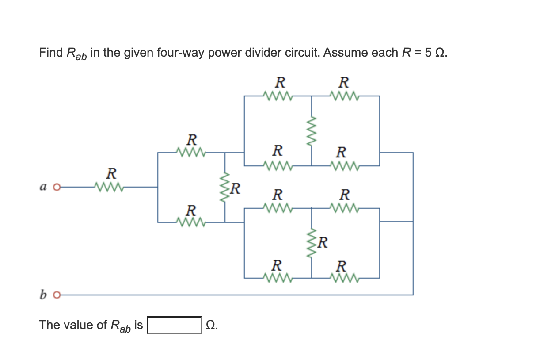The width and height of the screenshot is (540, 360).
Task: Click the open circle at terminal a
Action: coord(56,187)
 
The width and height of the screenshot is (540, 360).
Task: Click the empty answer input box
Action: coord(175,325)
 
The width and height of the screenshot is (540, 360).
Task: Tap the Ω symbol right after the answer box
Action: coord(212,325)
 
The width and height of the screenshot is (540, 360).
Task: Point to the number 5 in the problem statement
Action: coord(427,53)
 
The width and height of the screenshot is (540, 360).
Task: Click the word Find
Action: coord(50,53)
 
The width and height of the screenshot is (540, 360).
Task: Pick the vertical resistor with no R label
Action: coord(312,130)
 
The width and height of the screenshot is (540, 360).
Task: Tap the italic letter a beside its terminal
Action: coord(43,187)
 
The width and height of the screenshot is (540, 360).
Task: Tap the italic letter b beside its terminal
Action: coord(43,294)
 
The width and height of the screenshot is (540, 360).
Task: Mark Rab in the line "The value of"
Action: coord(120,326)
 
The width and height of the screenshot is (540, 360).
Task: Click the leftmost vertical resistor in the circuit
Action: coord(225,187)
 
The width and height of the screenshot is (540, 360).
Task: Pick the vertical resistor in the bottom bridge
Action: coord(312,243)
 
